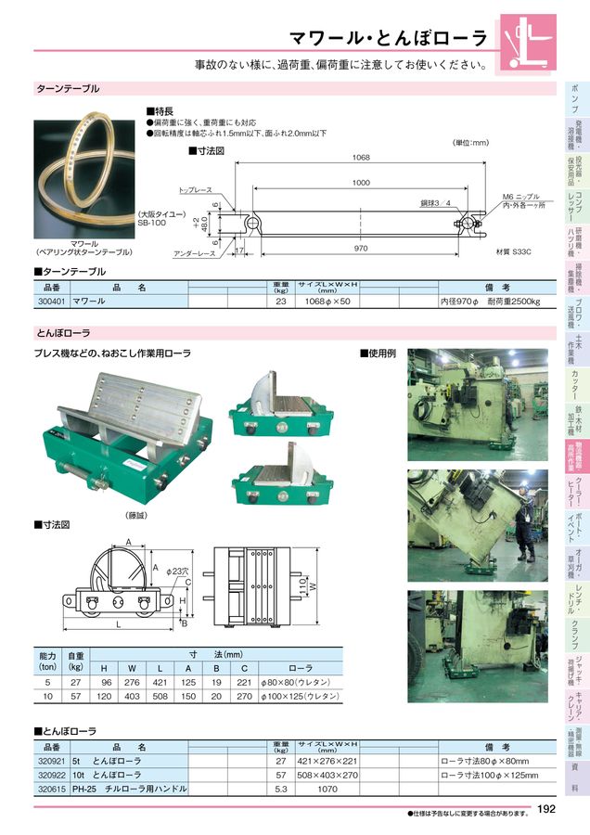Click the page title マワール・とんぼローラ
[388, 38]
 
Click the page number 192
[545, 809]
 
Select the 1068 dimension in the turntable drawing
[361, 158]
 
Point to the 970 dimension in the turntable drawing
[361, 249]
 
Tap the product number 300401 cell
[50, 301]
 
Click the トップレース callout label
[194, 188]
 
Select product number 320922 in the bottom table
[51, 774]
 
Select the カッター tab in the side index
[575, 383]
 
